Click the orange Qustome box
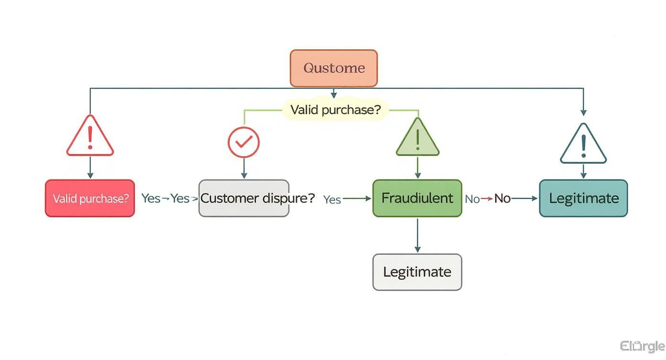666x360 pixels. tap(333, 68)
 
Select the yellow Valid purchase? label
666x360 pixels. tap(335, 110)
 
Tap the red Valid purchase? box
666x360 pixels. tap(90, 198)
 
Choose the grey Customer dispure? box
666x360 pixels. tap(244, 198)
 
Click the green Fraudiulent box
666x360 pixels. tap(417, 198)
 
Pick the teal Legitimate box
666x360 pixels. tap(583, 198)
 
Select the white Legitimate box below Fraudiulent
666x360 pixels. tap(417, 272)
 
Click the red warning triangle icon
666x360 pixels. tap(90, 137)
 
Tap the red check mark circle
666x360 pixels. tap(244, 142)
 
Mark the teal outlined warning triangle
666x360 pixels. tap(583, 146)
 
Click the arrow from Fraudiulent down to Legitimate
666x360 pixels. tap(417, 235)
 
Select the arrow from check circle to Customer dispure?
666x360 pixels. tap(244, 169)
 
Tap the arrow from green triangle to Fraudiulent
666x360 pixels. tap(417, 168)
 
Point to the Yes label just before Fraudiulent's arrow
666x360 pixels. tap(332, 199)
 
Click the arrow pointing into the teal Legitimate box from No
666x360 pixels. tap(525, 198)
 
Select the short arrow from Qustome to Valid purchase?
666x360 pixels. tap(334, 93)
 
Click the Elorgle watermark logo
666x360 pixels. tap(642, 346)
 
